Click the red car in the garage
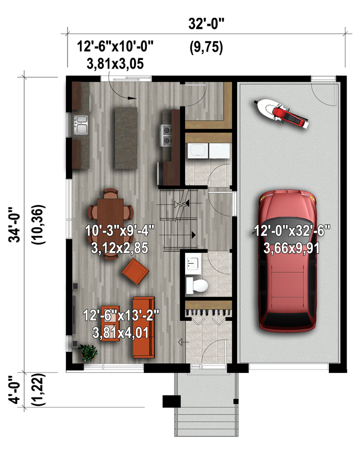pyautogui.click(x=287, y=261)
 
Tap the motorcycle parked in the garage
pyautogui.click(x=281, y=113)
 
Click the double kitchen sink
pyautogui.click(x=81, y=125)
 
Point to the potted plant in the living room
pyautogui.click(x=88, y=353)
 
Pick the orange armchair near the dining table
pyautogui.click(x=135, y=271)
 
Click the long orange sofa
pyautogui.click(x=143, y=327)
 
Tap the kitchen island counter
pyautogui.click(x=126, y=138)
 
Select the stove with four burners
pyautogui.click(x=166, y=135)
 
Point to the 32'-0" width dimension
pyautogui.click(x=206, y=24)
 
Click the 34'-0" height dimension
pyautogui.click(x=14, y=224)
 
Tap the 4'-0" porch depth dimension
pyautogui.click(x=14, y=389)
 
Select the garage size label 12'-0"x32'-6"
pyautogui.click(x=292, y=231)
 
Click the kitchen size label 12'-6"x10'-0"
pyautogui.click(x=115, y=47)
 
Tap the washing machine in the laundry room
pyautogui.click(x=198, y=151)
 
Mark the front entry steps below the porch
pyautogui.click(x=206, y=421)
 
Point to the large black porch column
pyautogui.click(x=172, y=401)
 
